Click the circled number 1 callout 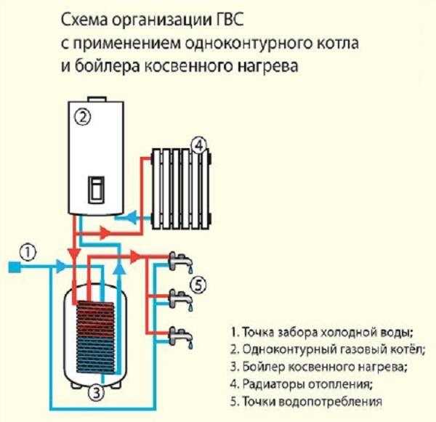(27, 252)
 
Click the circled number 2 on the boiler (83, 115)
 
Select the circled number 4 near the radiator (198, 146)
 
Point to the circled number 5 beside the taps (198, 283)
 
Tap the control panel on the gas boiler (96, 190)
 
